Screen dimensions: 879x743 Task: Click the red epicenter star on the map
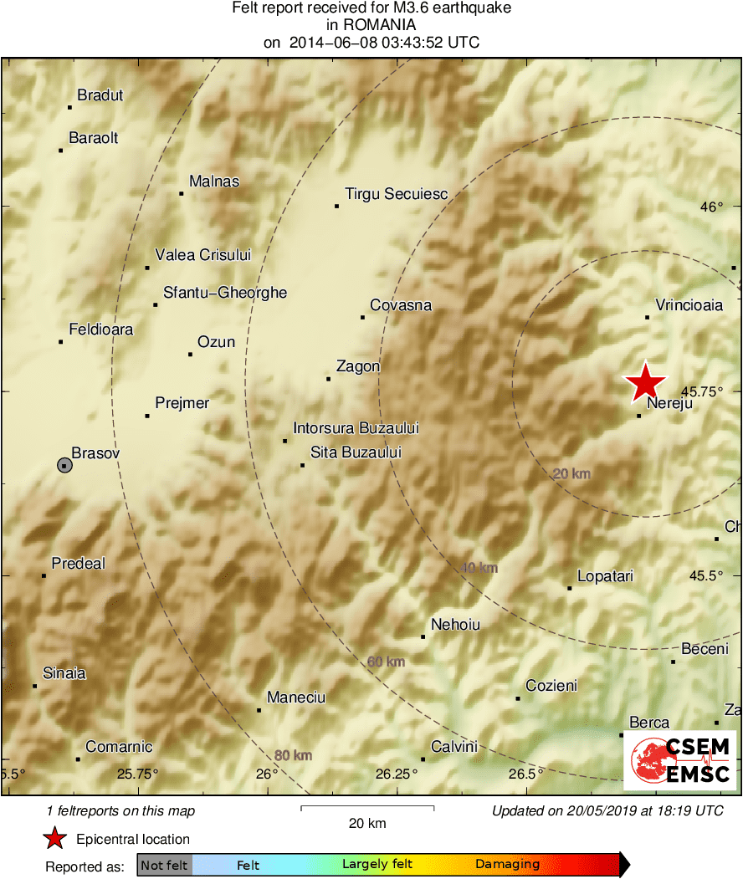(645, 383)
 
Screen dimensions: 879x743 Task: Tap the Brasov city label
(96, 453)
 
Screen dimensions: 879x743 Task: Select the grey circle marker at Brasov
(64, 465)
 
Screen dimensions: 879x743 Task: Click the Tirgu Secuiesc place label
(396, 194)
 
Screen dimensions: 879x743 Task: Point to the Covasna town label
(401, 305)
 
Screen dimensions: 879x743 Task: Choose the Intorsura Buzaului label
(356, 428)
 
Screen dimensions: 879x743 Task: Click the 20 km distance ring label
(571, 474)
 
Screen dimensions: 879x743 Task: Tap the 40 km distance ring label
(479, 568)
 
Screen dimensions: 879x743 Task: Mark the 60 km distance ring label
(386, 662)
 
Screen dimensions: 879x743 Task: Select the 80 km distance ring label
(293, 756)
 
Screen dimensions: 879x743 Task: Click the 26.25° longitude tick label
(397, 774)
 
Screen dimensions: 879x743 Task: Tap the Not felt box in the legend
(164, 865)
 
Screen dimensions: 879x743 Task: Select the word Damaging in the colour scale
(508, 865)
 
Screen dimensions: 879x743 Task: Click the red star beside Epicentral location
(55, 839)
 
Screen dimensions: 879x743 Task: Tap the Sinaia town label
(64, 673)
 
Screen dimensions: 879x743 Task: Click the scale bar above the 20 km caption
(367, 808)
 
